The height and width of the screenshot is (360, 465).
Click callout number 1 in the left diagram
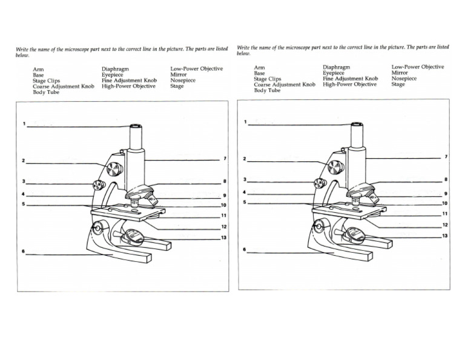coord(24,124)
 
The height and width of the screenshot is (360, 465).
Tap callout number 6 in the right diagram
coord(245,249)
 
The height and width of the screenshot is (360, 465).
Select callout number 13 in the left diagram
coord(223,238)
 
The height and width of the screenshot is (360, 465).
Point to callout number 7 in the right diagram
coord(446,156)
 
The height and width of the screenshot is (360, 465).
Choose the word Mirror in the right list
coord(400,73)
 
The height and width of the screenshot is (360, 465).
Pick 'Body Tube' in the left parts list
coord(46,92)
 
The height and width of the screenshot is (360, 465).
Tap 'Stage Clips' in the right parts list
coord(268,79)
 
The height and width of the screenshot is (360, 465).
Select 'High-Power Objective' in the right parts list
coord(349,85)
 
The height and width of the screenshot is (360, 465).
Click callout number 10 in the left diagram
coord(223,205)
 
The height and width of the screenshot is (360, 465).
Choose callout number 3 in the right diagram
coord(245,180)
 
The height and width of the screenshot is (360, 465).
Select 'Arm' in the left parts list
coord(38,70)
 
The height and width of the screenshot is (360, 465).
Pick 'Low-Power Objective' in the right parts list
coord(418,67)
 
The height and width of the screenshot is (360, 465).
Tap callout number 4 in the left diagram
coord(24,194)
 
